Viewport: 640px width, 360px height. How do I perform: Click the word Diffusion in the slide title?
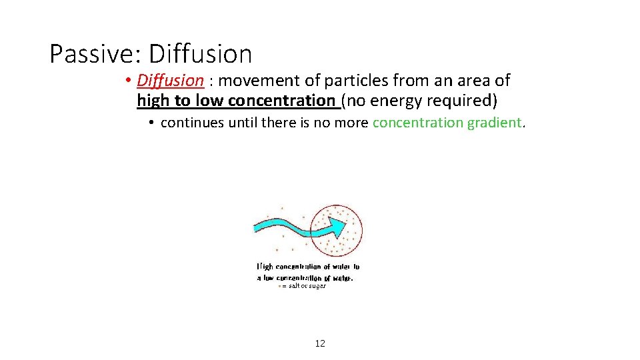pyautogui.click(x=201, y=53)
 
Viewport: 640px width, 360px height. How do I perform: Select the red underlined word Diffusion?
pyautogui.click(x=170, y=81)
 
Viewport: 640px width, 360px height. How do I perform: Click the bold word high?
pyautogui.click(x=152, y=101)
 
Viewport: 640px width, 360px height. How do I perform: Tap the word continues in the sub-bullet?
pyautogui.click(x=192, y=123)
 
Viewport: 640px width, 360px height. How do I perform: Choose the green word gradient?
pyautogui.click(x=493, y=123)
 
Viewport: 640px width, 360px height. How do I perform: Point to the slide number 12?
pyautogui.click(x=320, y=343)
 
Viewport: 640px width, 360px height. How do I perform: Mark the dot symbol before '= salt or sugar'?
pyautogui.click(x=279, y=286)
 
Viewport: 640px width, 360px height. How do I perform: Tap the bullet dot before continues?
pyautogui.click(x=152, y=123)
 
